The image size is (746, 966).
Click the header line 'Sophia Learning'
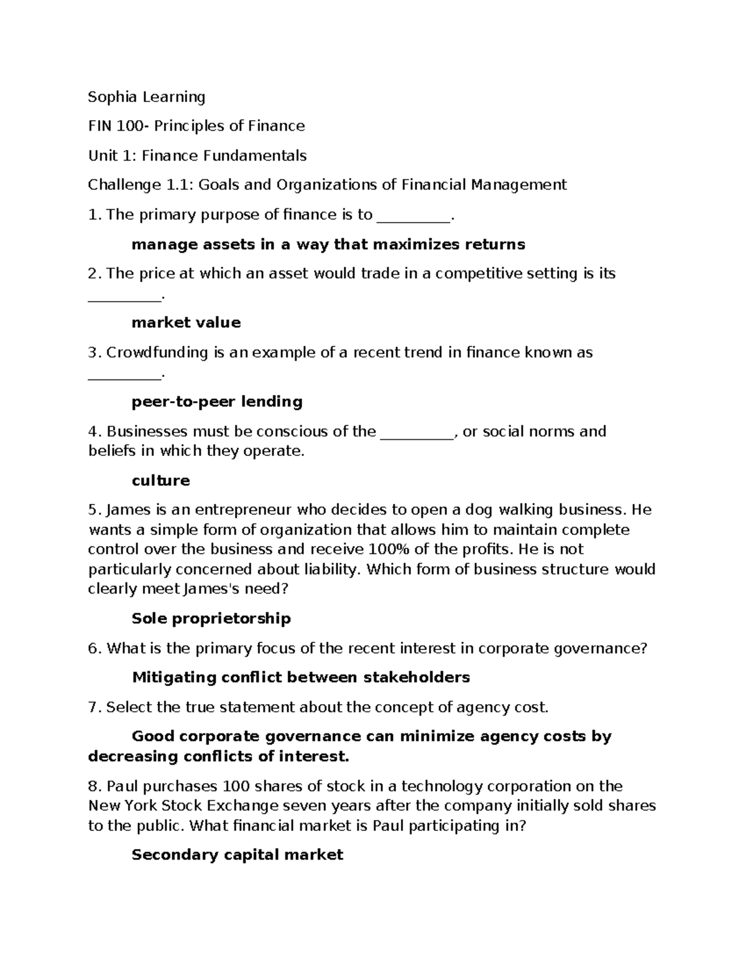coord(146,97)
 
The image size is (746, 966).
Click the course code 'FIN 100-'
coord(119,126)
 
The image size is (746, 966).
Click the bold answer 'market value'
coord(186,322)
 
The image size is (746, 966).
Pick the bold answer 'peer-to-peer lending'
coord(217,401)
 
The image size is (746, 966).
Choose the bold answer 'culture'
coord(160,480)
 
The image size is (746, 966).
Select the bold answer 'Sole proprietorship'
coord(211,618)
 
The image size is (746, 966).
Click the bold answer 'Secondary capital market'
coord(237,855)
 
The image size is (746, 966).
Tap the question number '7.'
coord(94,707)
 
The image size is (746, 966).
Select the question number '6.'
coord(94,649)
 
